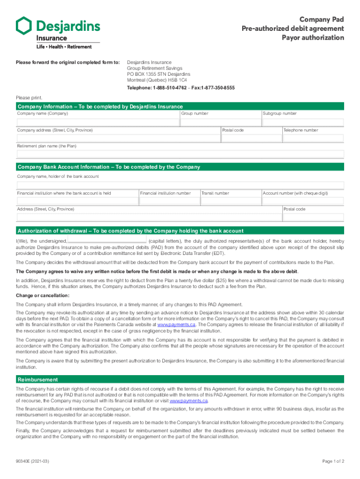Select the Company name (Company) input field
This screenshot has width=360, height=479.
pyautogui.click(x=98, y=123)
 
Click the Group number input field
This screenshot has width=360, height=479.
pyautogui.click(x=220, y=123)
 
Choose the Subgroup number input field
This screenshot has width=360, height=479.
pyautogui.click(x=302, y=123)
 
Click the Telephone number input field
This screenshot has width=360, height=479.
pyautogui.click(x=313, y=138)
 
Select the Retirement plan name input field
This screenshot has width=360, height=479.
pyautogui.click(x=180, y=154)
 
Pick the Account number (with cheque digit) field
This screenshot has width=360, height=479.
pyautogui.click(x=302, y=202)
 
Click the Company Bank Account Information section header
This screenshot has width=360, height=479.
pyautogui.click(x=108, y=167)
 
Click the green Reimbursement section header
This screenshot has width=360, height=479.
pyautogui.click(x=38, y=379)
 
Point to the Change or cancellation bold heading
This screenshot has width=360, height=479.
pyautogui.click(x=36, y=296)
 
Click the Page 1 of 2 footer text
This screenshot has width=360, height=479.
pyautogui.click(x=333, y=461)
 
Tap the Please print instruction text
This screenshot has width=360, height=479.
pyautogui.click(x=29, y=98)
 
